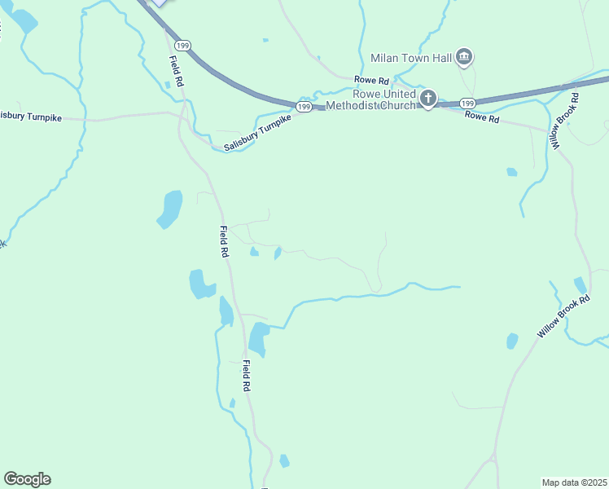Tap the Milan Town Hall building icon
pyautogui.click(x=464, y=57)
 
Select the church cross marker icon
pyautogui.click(x=428, y=99)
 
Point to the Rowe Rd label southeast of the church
pyautogui.click(x=481, y=117)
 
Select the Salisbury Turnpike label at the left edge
pyautogui.click(x=30, y=117)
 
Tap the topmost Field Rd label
pyautogui.click(x=175, y=68)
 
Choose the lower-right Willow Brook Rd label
pyautogui.click(x=563, y=318)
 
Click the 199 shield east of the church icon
pyautogui.click(x=467, y=103)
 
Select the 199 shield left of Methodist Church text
pyautogui.click(x=304, y=107)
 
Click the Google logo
pyautogui.click(x=27, y=478)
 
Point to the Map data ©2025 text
pyautogui.click(x=574, y=482)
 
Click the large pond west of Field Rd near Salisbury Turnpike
pyautogui.click(x=169, y=209)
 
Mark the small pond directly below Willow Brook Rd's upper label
pyautogui.click(x=511, y=172)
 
